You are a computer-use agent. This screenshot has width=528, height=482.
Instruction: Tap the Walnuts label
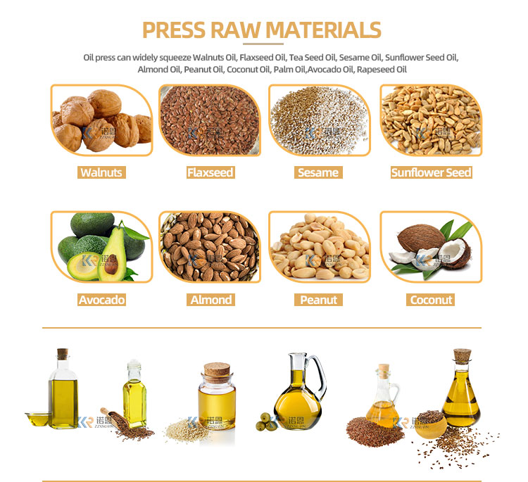coord(102,172)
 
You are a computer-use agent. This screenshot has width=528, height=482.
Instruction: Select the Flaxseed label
coord(210,172)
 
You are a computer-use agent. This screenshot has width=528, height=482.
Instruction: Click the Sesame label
coord(318,172)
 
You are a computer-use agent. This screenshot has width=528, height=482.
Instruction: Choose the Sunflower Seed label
coord(431,172)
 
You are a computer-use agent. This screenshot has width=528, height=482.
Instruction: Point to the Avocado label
coord(102,300)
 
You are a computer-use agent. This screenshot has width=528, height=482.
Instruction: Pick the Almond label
coord(210,300)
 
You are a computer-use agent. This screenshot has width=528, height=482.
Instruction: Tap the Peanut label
coord(318,300)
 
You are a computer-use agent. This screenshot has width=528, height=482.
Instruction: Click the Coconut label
coord(431,300)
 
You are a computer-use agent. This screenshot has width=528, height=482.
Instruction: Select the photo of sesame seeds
coord(319,120)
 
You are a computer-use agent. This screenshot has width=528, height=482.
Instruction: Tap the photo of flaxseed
coord(210,120)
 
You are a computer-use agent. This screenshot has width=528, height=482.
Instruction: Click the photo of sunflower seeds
coord(431,120)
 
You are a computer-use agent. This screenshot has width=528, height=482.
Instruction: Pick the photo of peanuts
coord(319,247)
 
